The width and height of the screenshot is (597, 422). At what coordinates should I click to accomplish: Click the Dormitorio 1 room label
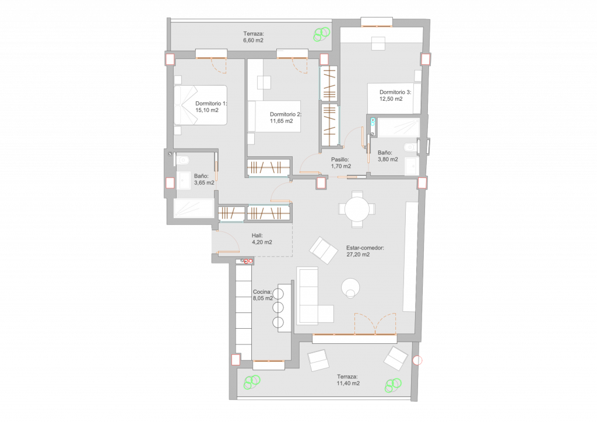tap(211, 104)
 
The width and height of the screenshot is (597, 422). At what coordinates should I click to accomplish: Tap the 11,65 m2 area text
tap(282, 121)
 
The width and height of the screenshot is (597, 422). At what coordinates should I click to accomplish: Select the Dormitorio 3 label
tap(395, 92)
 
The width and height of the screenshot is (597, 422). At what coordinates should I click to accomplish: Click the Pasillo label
tap(340, 160)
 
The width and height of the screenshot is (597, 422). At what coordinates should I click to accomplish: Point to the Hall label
tap(257, 235)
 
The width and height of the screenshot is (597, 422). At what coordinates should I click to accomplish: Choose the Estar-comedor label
tap(365, 248)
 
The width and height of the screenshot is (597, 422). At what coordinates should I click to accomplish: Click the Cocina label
tap(262, 292)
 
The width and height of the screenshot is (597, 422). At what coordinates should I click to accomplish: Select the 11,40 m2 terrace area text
tap(348, 383)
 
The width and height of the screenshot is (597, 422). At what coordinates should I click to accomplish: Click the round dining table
tap(357, 209)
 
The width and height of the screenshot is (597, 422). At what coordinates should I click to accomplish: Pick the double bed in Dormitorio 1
tap(201, 105)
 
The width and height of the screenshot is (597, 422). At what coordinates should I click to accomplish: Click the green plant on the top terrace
tap(322, 34)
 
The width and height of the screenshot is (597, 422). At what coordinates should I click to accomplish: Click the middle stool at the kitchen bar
tap(278, 308)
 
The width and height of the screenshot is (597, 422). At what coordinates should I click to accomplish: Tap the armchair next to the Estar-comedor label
tap(324, 251)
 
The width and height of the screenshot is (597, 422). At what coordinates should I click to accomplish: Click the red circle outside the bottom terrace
tap(417, 360)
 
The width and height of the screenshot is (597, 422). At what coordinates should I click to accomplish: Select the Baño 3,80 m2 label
tap(388, 156)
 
